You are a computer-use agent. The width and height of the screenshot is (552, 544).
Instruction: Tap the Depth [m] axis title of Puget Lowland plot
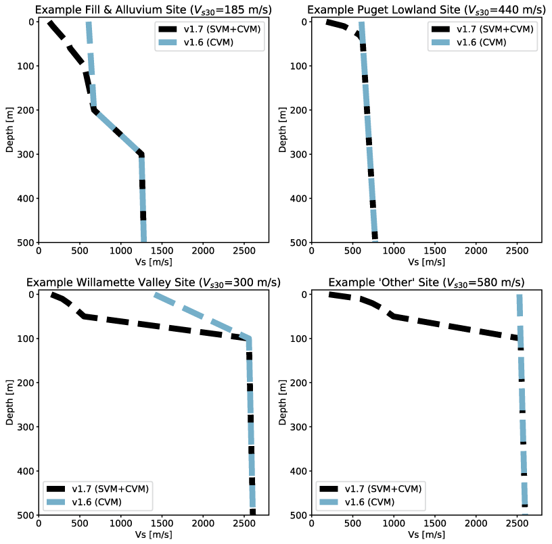click(x=283, y=132)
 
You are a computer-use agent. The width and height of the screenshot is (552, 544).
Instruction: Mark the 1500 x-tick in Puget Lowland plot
click(x=435, y=251)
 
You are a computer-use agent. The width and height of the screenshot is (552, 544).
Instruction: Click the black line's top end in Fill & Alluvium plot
click(x=49, y=23)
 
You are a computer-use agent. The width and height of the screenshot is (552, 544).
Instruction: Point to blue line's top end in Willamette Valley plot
click(x=156, y=295)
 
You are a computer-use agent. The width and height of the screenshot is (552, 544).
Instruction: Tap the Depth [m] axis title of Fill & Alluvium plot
click(x=10, y=132)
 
